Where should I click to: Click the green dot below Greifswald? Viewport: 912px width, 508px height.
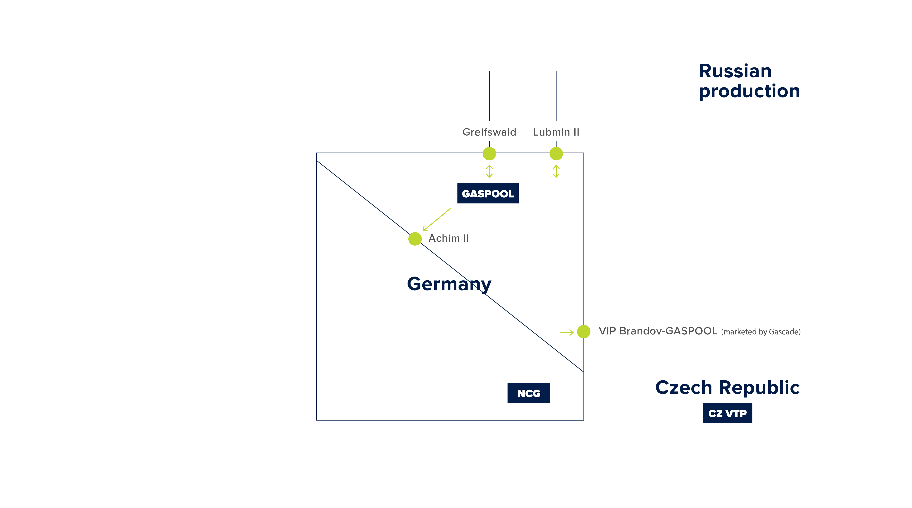[489, 154]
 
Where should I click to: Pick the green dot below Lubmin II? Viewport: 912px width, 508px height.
[556, 154]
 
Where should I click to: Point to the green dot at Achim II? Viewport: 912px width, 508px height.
[415, 239]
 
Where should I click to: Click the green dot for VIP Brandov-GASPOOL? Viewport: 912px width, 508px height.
[583, 331]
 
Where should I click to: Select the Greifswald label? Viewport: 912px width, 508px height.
[489, 132]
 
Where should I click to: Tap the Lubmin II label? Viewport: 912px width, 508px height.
[556, 132]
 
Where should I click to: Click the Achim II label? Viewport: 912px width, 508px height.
[448, 238]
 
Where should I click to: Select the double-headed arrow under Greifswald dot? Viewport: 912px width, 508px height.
[489, 171]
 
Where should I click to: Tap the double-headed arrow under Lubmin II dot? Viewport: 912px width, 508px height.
[556, 171]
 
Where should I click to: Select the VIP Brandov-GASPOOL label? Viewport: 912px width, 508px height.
[658, 331]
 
